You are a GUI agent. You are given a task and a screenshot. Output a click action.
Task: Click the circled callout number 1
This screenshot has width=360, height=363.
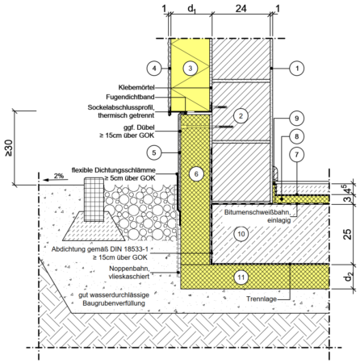(297, 69)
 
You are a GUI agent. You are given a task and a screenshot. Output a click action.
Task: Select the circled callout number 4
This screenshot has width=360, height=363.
(154, 69)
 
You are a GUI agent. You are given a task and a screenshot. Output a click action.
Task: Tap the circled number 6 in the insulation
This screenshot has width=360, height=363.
(196, 174)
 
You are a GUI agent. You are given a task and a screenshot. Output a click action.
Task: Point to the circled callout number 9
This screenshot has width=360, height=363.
(296, 119)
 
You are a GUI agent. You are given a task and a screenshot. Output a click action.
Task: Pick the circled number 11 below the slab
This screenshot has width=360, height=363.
(241, 277)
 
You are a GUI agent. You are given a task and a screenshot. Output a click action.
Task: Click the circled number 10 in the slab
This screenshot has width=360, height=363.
(241, 234)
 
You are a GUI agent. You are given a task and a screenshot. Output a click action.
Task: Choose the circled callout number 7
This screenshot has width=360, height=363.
(296, 155)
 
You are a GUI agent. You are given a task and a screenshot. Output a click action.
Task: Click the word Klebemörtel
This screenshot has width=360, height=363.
(136, 87)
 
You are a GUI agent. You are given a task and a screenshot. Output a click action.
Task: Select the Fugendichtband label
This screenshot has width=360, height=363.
(130, 97)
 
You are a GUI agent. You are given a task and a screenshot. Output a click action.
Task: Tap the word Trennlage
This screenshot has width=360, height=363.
(262, 299)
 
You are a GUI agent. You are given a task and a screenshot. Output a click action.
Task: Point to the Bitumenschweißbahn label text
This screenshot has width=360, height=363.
(257, 212)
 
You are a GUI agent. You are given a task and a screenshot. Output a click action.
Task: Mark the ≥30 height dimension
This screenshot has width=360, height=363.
(8, 148)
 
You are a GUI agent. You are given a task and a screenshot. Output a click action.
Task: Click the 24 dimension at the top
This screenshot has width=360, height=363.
(241, 9)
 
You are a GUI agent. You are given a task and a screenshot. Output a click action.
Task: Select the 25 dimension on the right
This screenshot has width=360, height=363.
(348, 234)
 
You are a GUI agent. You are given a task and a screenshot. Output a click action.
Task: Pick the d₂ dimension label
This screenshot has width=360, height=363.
(349, 277)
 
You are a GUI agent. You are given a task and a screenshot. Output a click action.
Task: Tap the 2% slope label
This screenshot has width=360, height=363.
(59, 176)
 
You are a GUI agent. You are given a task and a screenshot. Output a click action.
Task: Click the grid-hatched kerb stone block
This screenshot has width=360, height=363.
(94, 199)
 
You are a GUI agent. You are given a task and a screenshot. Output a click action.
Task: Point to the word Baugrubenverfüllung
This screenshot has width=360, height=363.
(114, 303)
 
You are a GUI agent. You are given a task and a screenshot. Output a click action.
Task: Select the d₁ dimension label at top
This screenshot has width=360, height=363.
(191, 9)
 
